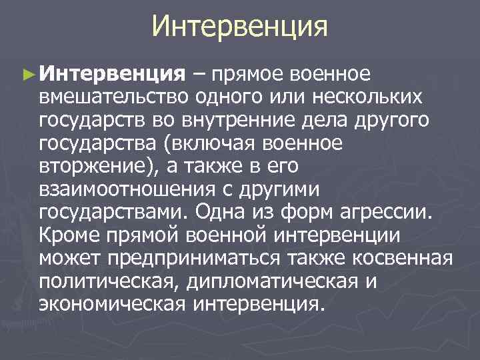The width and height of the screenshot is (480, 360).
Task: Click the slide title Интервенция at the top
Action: point(240,27)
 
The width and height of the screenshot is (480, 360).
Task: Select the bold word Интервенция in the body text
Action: point(111,73)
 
